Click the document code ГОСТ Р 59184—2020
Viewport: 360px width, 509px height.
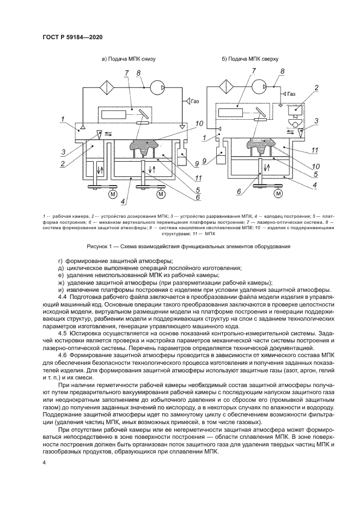[73, 37]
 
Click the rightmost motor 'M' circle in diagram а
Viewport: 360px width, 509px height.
[161, 193]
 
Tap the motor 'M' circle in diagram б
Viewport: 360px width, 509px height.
[279, 193]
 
